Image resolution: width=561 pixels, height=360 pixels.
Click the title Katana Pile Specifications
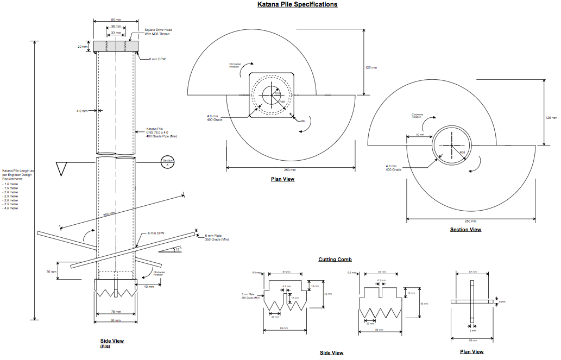pos(298,4)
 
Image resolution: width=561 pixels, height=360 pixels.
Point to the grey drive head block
pos(116,47)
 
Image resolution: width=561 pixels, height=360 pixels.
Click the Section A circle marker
pos(167,161)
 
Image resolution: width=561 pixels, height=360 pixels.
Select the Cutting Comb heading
pos(335,260)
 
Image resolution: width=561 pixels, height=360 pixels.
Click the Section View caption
pos(465,230)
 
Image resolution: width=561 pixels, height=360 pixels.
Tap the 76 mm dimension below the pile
pos(115,312)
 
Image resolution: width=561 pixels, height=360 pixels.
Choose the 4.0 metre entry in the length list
pos(10,208)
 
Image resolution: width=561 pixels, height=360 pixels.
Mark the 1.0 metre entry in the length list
pos(10,184)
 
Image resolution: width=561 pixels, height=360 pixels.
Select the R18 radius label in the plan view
pos(276,93)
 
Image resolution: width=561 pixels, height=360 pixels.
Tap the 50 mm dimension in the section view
pos(420,134)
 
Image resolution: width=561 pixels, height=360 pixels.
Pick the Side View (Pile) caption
pos(112,342)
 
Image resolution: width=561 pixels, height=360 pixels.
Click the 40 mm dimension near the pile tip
pos(148,286)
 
